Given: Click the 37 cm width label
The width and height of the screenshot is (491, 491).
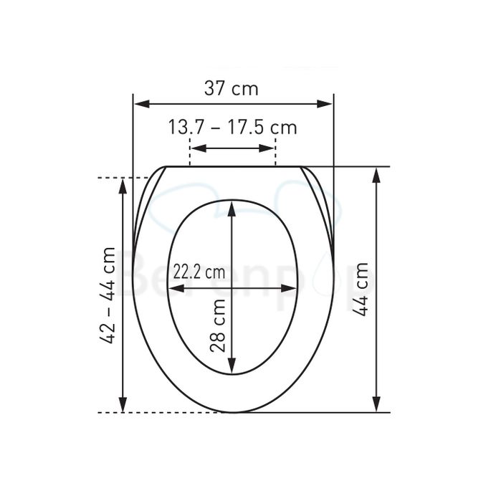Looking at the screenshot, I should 232,90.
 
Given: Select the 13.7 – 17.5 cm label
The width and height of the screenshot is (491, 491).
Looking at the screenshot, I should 232,128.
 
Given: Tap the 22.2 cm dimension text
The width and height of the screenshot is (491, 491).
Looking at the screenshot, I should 199,272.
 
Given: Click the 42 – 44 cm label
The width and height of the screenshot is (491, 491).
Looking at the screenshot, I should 108,295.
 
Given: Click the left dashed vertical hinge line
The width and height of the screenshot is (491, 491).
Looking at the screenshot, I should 189,152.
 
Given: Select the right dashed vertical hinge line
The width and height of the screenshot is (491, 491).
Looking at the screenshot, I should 275,152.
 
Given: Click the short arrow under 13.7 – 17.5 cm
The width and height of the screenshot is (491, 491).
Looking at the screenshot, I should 232,149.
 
